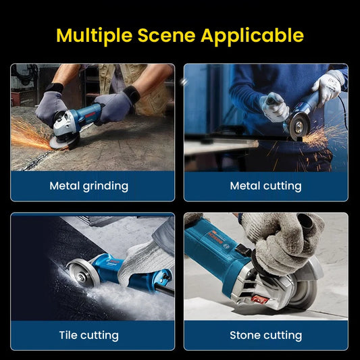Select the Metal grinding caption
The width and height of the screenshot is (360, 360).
tap(88, 186)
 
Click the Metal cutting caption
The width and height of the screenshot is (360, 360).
tap(266, 186)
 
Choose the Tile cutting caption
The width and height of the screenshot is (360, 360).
tap(88, 335)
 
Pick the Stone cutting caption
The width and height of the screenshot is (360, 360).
tap(266, 335)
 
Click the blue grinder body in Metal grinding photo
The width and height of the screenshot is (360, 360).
tap(84, 115)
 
